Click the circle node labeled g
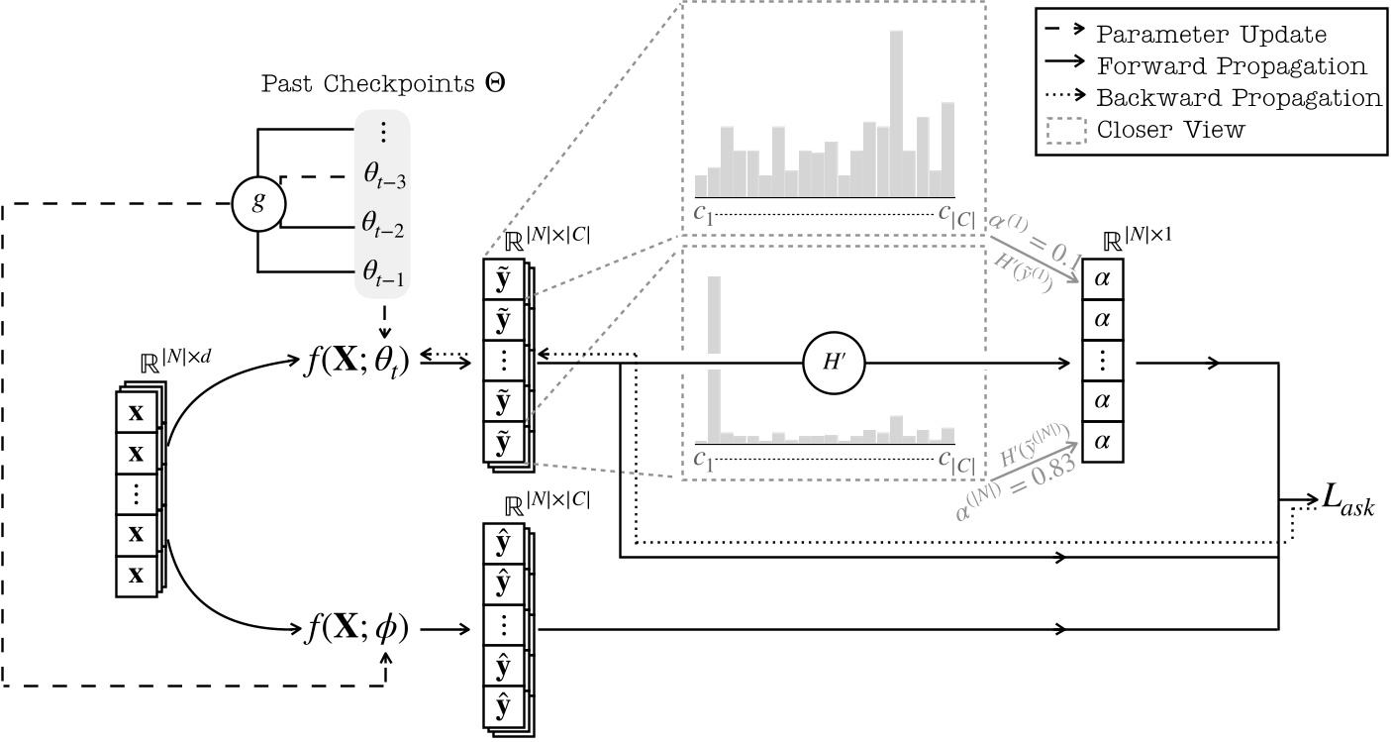[x=257, y=204]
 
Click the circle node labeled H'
[x=834, y=363]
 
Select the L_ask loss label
[x=1348, y=502]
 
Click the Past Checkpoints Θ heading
[x=383, y=84]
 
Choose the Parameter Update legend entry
[x=1211, y=35]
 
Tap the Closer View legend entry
[x=1170, y=130]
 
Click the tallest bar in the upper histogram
[x=896, y=114]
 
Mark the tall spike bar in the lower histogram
[x=715, y=358]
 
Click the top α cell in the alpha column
[x=1102, y=279]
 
